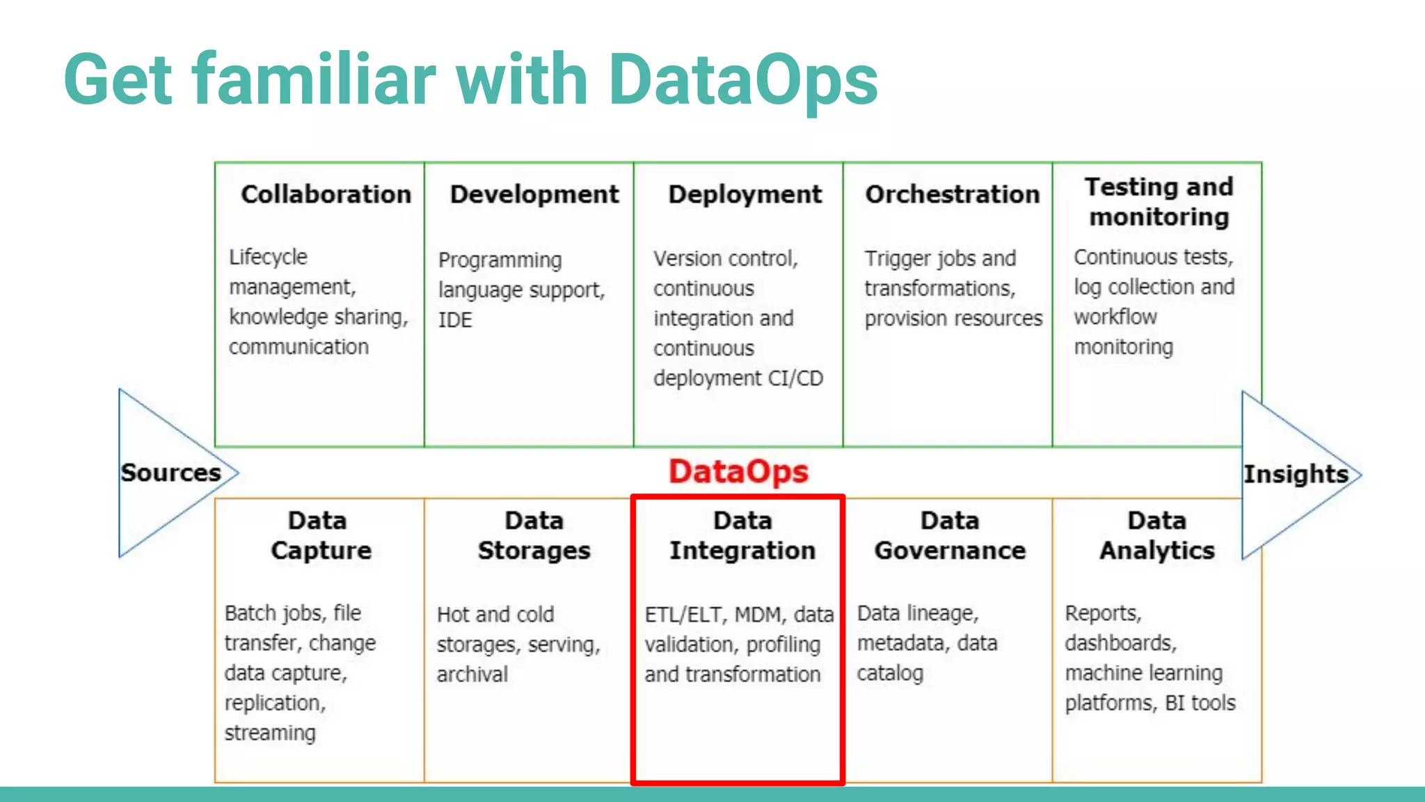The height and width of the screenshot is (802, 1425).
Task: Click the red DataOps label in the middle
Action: [738, 472]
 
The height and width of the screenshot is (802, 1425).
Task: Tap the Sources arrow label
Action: [170, 473]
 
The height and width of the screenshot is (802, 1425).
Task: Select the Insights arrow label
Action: [1296, 474]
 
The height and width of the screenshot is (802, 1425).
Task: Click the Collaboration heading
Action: [326, 194]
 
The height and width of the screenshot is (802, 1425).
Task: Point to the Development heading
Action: [534, 194]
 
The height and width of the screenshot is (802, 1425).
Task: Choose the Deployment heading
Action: [745, 194]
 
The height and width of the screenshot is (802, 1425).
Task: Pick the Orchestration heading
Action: [952, 194]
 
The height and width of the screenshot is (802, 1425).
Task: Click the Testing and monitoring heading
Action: [1159, 202]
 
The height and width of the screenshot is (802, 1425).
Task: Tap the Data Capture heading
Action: [320, 535]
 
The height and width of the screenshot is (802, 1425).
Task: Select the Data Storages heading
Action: [534, 535]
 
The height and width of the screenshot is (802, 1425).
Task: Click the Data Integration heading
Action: [742, 535]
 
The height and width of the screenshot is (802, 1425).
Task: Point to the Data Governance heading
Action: [950, 535]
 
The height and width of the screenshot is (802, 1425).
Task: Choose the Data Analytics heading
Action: [1157, 535]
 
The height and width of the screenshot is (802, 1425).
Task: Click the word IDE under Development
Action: [455, 320]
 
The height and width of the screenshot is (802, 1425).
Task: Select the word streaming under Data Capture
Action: [270, 733]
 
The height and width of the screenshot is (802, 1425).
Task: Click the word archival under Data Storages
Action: [472, 674]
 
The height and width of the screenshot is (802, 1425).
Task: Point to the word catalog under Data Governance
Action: [890, 673]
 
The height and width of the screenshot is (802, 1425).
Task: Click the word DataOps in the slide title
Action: [742, 80]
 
